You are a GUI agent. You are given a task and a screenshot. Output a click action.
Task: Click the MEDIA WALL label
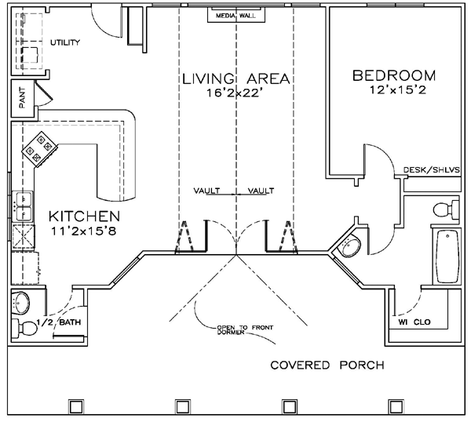(x=235, y=16)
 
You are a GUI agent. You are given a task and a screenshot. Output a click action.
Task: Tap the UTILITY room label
(x=65, y=42)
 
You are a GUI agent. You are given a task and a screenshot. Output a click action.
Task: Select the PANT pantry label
(x=22, y=98)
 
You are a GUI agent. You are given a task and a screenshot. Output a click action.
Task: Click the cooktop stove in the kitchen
(x=40, y=149)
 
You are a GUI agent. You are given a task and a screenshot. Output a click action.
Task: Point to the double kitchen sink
(x=23, y=206)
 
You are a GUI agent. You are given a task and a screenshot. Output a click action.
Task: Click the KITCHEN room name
(x=85, y=216)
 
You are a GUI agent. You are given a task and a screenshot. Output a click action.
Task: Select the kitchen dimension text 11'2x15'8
(x=83, y=231)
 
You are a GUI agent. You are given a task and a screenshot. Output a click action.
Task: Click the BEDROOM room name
(x=394, y=75)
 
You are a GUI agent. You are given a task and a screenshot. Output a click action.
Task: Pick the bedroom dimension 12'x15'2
(x=398, y=89)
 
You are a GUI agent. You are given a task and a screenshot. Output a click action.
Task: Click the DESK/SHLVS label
(x=431, y=170)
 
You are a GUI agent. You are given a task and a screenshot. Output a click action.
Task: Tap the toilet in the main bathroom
(x=447, y=209)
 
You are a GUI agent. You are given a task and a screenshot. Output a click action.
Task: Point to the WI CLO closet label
(x=414, y=322)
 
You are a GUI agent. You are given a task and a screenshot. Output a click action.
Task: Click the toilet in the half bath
(x=24, y=329)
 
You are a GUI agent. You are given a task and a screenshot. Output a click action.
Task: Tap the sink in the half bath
(x=21, y=302)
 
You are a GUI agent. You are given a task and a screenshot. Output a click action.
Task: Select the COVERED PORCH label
(x=327, y=366)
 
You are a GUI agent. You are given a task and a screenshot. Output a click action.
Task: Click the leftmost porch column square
(x=76, y=406)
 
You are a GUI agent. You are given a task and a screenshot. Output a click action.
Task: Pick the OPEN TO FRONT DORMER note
(x=245, y=329)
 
